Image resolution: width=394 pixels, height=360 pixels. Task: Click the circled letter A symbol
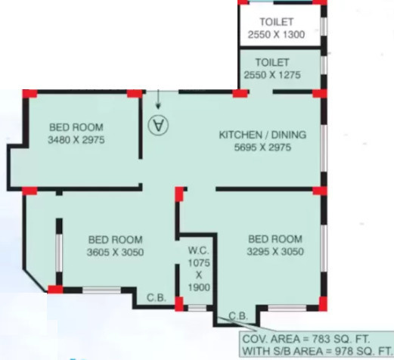(159, 125)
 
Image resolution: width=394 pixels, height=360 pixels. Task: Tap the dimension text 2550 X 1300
(276, 35)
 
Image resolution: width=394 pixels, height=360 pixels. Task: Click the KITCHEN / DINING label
(262, 135)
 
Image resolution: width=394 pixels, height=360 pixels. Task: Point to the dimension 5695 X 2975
(262, 147)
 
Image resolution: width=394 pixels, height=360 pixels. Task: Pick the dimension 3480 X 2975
(76, 140)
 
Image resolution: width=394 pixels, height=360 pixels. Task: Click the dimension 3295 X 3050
(275, 251)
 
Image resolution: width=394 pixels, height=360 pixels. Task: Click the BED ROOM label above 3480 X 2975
(76, 127)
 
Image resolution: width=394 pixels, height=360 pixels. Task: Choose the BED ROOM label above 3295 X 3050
(275, 238)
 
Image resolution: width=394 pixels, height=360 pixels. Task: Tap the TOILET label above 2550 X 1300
(276, 23)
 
